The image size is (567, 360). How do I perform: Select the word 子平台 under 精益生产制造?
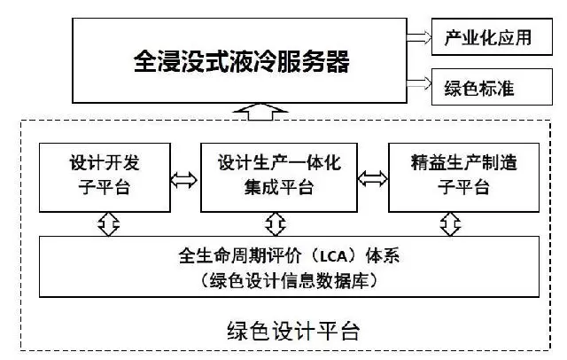tap(463, 187)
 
